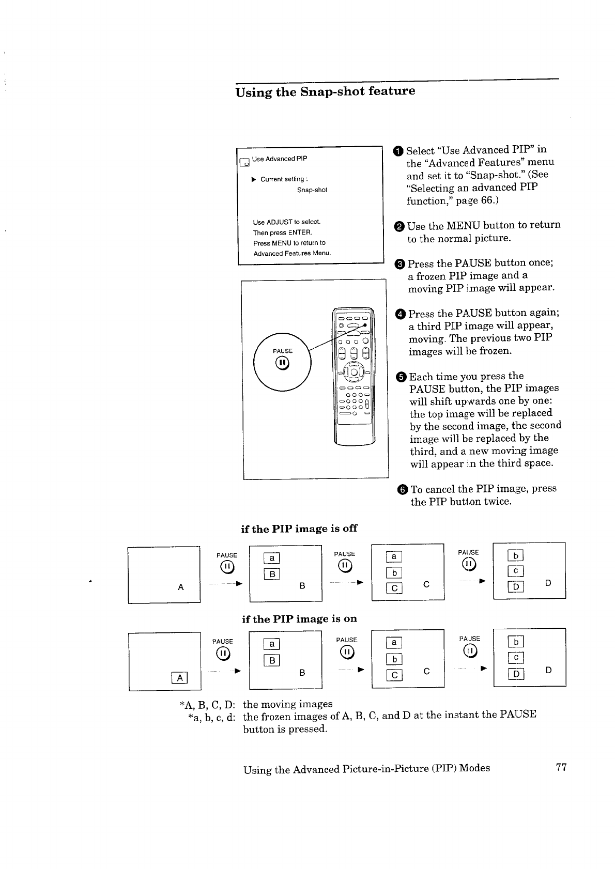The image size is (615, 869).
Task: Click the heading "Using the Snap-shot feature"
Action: pos(325,91)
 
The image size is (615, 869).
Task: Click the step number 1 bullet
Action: pos(398,151)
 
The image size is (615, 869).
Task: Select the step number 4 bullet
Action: pos(401,314)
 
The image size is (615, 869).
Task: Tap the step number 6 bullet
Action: pos(403,489)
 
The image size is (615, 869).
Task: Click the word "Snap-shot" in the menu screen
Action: pos(312,190)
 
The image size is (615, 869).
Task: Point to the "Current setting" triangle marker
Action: pos(253,179)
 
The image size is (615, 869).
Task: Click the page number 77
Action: pos(561,768)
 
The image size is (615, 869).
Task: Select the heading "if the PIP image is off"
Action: pos(299,529)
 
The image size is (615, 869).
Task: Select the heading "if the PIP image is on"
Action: pos(299,619)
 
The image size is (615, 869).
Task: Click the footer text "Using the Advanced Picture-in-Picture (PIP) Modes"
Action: pos(366,768)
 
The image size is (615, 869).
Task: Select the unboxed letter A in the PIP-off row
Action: pos(180,587)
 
